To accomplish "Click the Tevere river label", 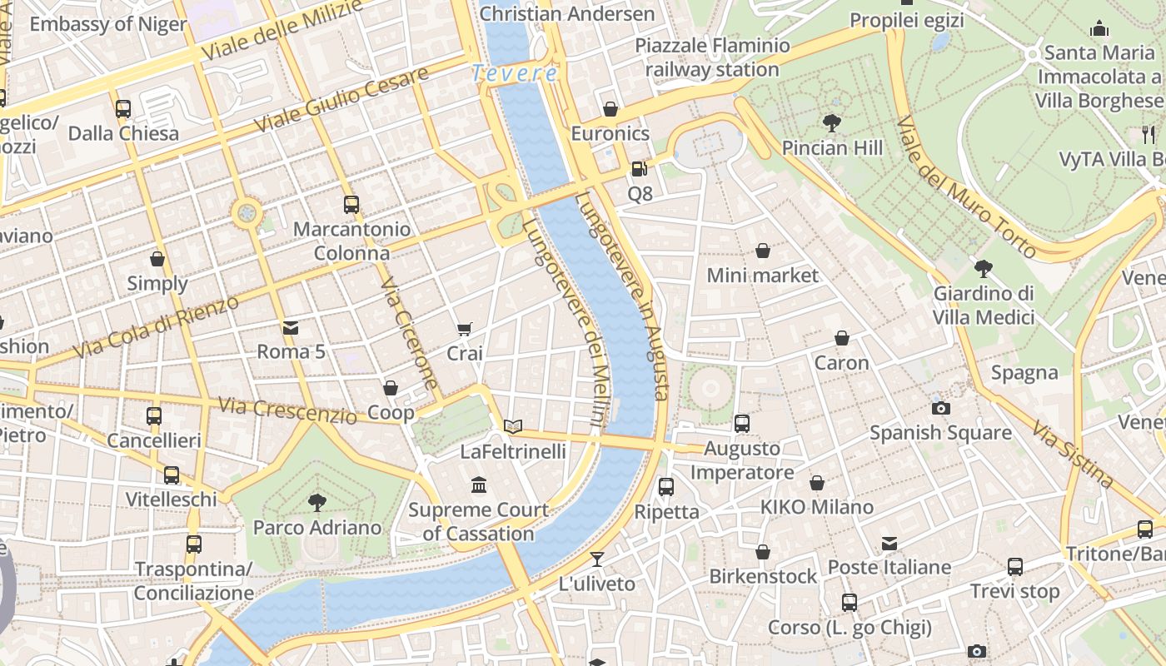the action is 514,73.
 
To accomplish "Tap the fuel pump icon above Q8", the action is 639,169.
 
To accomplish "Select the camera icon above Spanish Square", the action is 940,408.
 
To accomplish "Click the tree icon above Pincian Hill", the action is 831,123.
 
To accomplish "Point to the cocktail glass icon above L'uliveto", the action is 596,559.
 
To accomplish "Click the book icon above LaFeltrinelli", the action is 513,427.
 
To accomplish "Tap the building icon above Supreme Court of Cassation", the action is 479,485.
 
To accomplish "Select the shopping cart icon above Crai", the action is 464,329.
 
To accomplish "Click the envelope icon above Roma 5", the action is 291,327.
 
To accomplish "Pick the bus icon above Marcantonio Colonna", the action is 351,204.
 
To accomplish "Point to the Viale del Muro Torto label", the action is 965,187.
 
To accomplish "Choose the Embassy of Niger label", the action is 108,23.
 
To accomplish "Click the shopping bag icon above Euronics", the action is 610,109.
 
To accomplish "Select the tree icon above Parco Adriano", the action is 316,502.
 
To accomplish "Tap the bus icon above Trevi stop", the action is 1014,567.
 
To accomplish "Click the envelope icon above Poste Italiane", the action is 889,544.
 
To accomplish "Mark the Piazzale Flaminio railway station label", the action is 712,57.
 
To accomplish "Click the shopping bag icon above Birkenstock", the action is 763,552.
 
